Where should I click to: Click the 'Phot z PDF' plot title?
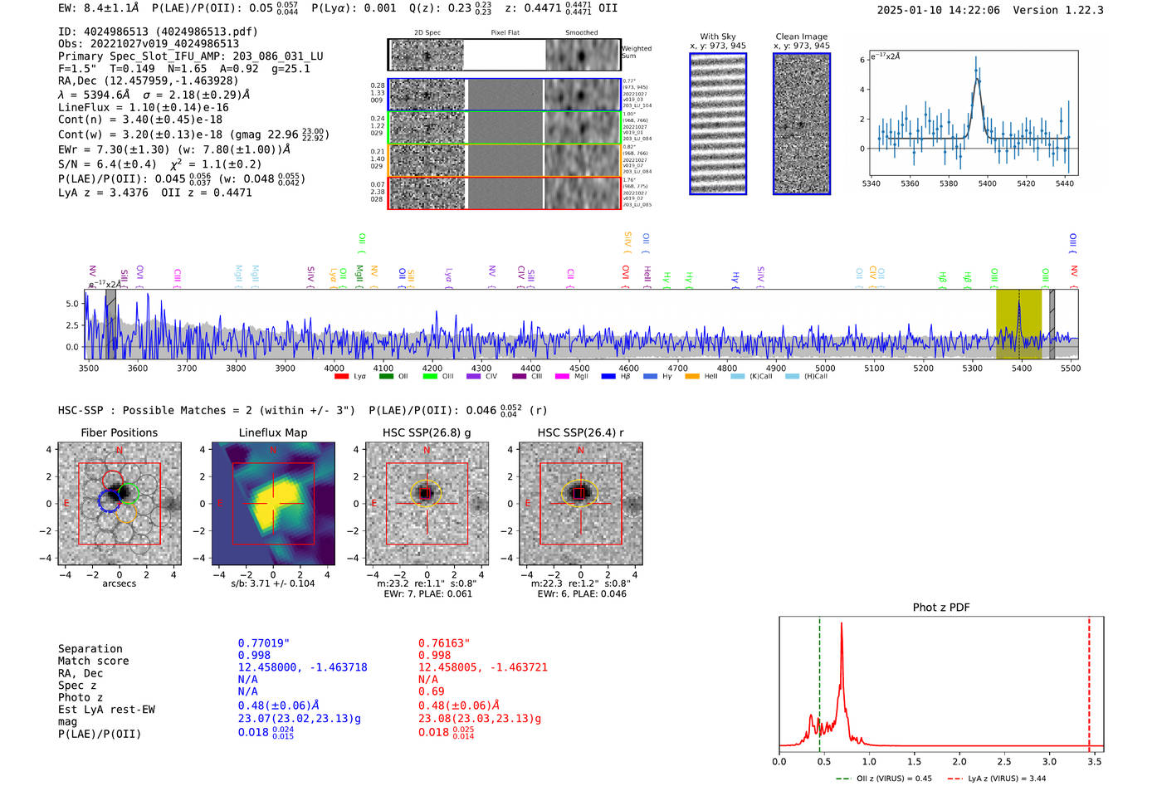[941, 608]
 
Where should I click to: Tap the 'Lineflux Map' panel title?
[273, 432]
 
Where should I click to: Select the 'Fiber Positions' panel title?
[120, 432]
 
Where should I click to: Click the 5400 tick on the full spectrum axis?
[1021, 369]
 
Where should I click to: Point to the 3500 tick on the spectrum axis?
[89, 369]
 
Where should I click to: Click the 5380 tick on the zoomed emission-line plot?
[949, 183]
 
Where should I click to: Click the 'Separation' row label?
[90, 649]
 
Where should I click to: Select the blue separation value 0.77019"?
[264, 643]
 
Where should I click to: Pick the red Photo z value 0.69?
[432, 691]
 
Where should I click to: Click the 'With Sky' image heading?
[718, 37]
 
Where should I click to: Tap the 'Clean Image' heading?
[802, 37]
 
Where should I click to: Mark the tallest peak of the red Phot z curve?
[842, 624]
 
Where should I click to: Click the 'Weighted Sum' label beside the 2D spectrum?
[637, 52]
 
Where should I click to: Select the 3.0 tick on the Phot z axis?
[1049, 761]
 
